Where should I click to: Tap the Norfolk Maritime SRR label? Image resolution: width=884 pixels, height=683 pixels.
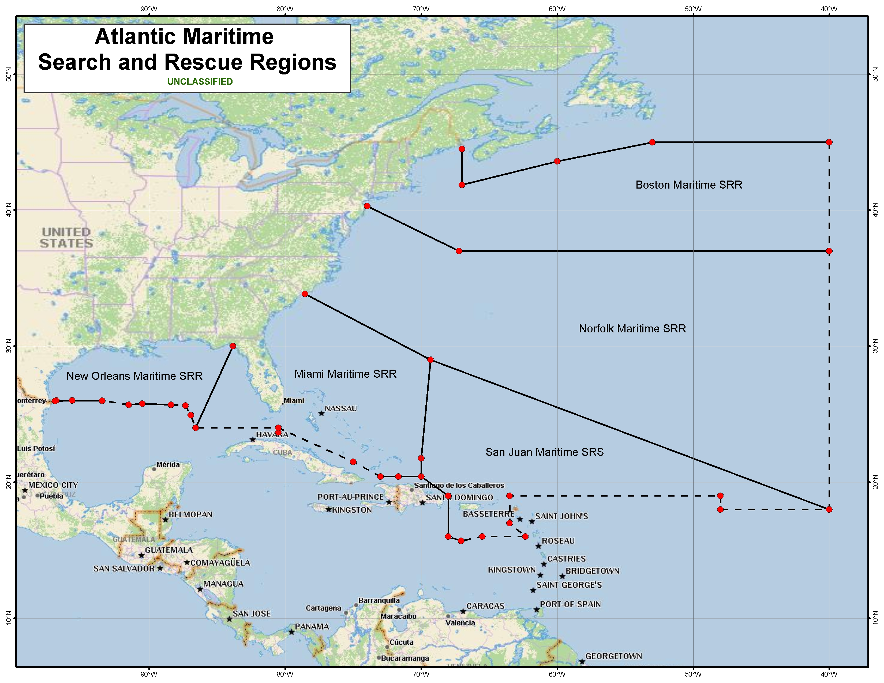(x=632, y=329)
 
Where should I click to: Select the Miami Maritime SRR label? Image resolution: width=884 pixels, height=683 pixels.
(x=345, y=374)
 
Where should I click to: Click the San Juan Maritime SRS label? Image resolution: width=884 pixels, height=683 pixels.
(x=544, y=452)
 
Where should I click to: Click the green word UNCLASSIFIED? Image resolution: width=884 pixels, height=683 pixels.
(x=200, y=82)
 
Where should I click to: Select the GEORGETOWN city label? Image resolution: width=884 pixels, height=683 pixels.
(x=614, y=656)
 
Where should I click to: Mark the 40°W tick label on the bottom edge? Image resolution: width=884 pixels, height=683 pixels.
(x=829, y=674)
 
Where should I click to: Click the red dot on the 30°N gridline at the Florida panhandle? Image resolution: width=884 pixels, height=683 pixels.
(x=233, y=346)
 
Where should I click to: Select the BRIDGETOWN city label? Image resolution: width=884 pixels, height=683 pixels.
(x=592, y=571)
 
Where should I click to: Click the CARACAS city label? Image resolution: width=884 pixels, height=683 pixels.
(x=485, y=606)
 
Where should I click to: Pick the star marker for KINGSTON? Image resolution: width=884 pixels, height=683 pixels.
(x=329, y=510)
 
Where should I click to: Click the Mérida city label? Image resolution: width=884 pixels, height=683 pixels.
(x=168, y=464)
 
